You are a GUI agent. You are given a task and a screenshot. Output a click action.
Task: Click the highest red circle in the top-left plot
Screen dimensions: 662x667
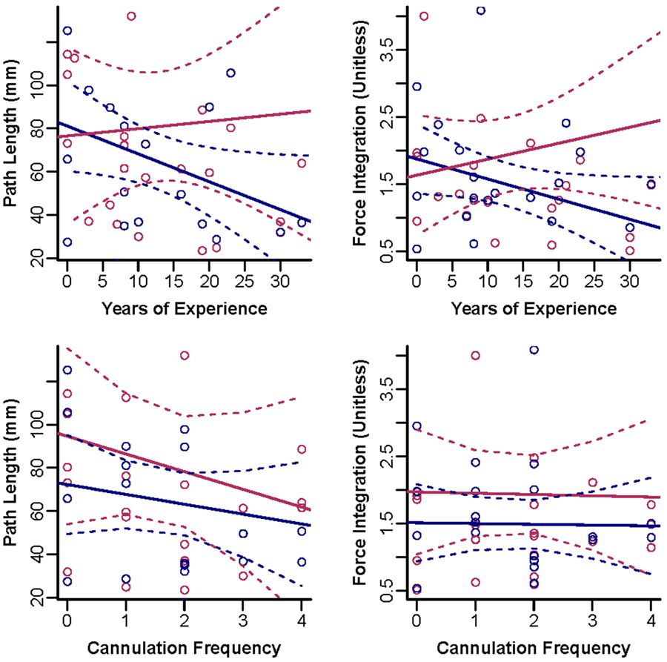131,16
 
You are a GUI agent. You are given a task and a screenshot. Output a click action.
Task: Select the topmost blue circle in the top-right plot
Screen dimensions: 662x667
481,10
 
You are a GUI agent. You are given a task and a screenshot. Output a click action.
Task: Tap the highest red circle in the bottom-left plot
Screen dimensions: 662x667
185,356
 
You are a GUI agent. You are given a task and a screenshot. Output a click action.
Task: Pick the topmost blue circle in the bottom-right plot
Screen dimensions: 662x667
534,350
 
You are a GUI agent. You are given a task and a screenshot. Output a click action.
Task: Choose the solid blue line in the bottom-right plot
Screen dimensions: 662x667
534,524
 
